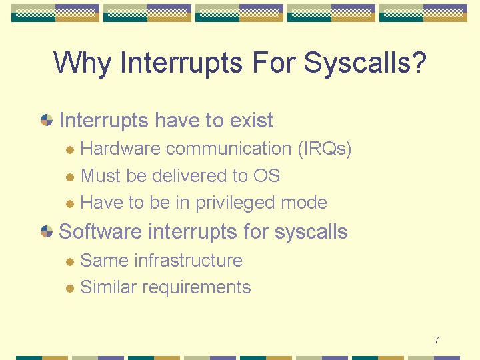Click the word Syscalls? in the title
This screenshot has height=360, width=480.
[365, 63]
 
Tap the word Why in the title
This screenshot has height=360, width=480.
[82, 63]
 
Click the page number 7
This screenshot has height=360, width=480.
[437, 340]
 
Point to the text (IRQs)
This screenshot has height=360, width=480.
[325, 149]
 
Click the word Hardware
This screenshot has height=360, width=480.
[120, 149]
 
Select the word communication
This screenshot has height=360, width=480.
[229, 149]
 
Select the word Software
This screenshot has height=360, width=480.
[100, 231]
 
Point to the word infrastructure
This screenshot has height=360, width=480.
[188, 260]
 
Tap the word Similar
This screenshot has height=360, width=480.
[108, 287]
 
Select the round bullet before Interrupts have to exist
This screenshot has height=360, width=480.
[47, 120]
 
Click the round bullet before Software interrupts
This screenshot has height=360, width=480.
[47, 231]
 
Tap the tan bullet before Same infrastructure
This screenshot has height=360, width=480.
[70, 262]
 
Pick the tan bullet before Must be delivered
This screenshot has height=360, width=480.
[70, 177]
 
